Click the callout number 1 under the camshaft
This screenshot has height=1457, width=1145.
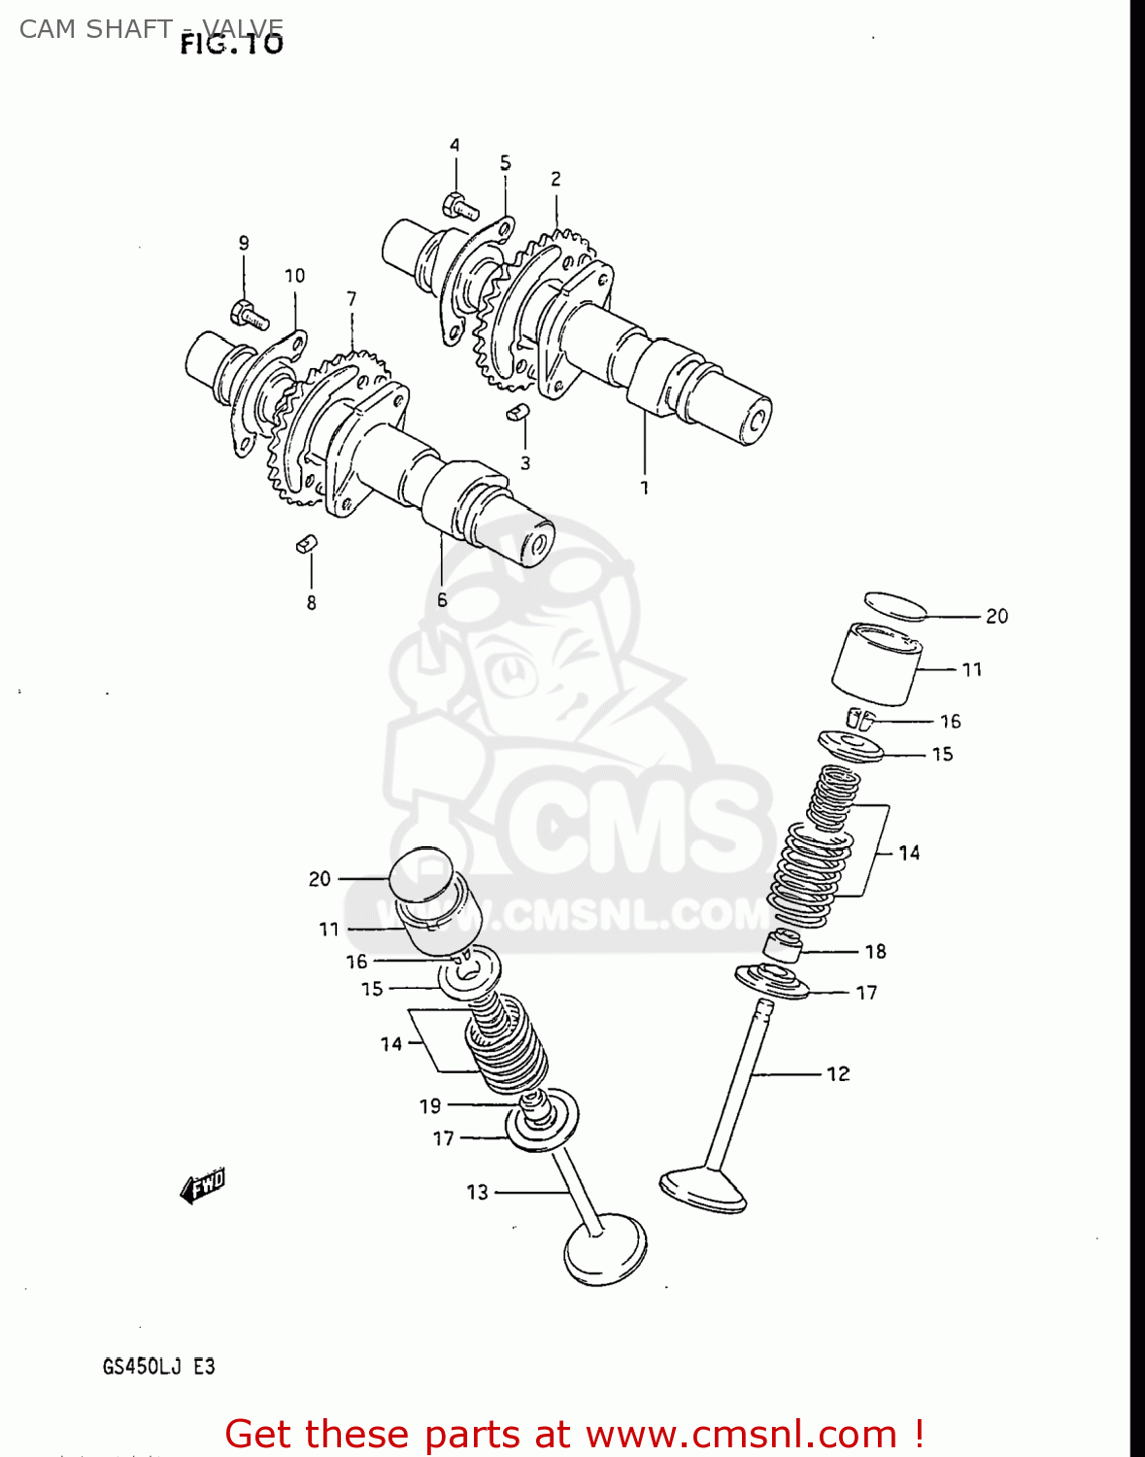tap(644, 488)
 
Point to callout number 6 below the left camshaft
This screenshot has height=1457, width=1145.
tap(442, 599)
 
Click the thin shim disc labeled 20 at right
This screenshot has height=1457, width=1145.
tap(895, 605)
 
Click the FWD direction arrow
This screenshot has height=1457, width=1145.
tap(203, 1186)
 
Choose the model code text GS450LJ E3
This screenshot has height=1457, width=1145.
tap(158, 1367)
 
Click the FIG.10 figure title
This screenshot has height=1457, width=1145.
tap(232, 44)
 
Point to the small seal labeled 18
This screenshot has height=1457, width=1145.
tap(783, 946)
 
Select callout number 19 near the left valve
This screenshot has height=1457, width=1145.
tap(430, 1105)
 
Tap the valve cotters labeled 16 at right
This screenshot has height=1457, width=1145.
tap(860, 719)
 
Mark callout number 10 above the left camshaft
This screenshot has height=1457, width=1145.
tap(294, 276)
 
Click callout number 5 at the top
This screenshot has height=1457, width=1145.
tap(505, 163)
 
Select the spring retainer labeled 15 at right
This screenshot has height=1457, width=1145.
tap(852, 747)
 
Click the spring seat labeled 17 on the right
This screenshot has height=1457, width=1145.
tap(772, 982)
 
